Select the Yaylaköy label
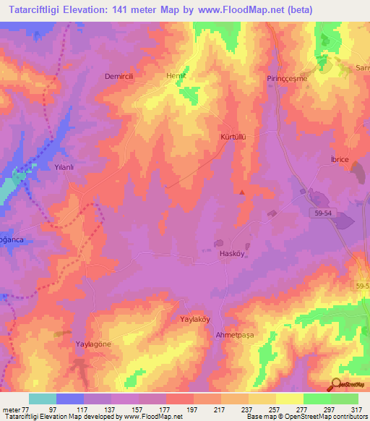click(x=194, y=318)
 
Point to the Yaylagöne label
click(x=94, y=344)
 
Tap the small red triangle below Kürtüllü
click(x=241, y=192)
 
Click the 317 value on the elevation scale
click(x=358, y=409)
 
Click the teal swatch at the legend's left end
click(x=43, y=399)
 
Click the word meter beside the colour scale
click(x=11, y=409)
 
